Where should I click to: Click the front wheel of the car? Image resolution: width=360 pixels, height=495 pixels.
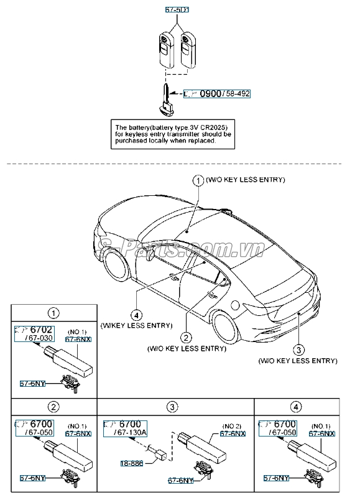tap(117, 264)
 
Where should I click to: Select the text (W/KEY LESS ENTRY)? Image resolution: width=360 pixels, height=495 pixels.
tap(136, 324)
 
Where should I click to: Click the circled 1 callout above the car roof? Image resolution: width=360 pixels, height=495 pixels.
tap(196, 180)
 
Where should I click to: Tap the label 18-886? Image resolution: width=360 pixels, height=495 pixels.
tap(131, 463)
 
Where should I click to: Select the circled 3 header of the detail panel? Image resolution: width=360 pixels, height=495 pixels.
tap(173, 407)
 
